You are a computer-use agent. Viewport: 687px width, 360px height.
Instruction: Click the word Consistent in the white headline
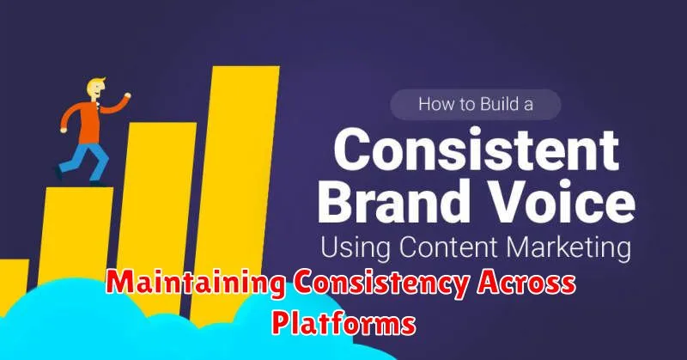click(x=477, y=150)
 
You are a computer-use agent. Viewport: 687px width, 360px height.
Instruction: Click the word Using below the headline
click(x=356, y=247)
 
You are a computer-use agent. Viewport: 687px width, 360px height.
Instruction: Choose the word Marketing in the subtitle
click(x=568, y=248)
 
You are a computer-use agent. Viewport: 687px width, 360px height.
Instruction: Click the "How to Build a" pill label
click(x=476, y=104)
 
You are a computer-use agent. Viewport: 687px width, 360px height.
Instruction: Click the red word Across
click(x=526, y=284)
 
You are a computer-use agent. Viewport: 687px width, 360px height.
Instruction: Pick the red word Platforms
click(x=343, y=325)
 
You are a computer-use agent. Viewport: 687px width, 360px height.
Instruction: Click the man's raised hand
click(x=127, y=95)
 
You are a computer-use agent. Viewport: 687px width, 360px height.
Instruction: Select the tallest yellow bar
click(x=234, y=193)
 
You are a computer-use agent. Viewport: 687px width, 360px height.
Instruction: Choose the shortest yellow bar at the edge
click(x=14, y=278)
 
